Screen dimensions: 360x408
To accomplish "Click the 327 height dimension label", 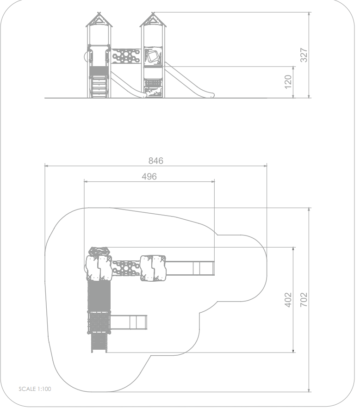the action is click(304, 55).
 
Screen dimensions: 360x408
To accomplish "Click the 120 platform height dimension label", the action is click(288, 82).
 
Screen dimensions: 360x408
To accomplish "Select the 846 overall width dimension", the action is click(155, 161).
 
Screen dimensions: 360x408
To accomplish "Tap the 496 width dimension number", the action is click(149, 177).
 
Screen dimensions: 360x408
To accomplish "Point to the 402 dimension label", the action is click(288, 300).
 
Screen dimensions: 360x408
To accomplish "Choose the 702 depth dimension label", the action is click(304, 300).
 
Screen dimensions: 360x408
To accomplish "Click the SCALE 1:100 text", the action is click(35, 389).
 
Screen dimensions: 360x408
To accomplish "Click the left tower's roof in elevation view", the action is click(99, 20).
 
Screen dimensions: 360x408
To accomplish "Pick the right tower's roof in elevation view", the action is click(153, 20).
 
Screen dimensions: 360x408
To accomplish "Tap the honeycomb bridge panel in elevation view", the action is click(126, 56).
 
